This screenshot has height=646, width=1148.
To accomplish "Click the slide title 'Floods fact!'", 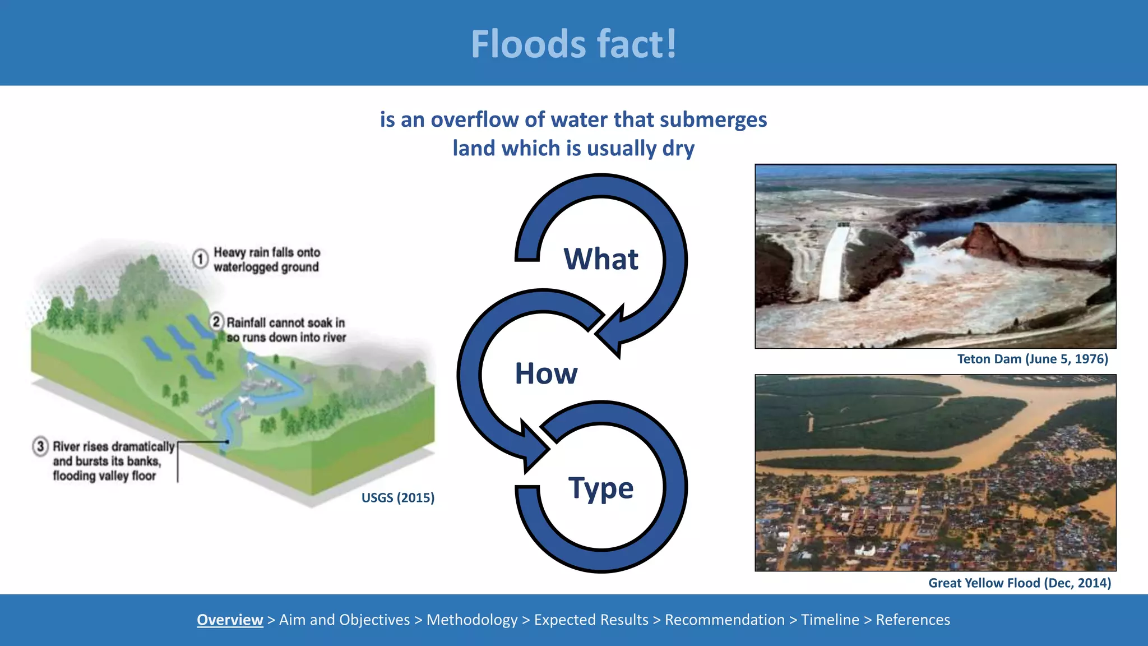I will [573, 44].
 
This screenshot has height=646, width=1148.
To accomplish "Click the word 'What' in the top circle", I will [600, 259].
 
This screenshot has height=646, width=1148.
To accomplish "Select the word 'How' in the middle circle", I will [546, 373].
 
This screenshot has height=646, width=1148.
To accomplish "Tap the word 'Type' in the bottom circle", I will [600, 488].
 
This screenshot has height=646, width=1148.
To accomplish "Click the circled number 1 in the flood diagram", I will [200, 259].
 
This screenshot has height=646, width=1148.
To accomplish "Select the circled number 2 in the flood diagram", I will [216, 322].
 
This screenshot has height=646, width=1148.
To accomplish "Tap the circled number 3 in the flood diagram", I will [40, 446].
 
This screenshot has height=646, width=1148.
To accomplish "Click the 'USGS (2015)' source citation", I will [398, 498].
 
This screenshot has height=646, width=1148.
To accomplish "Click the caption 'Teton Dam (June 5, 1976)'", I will [1033, 359].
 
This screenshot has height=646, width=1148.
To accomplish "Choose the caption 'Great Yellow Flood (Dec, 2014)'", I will [1020, 583].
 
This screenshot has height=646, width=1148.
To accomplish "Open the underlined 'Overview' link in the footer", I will [230, 620].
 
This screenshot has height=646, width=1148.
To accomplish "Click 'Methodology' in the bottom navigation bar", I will [472, 620].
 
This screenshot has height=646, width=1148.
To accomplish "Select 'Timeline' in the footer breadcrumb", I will [830, 620].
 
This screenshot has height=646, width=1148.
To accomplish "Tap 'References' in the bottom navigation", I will [913, 620].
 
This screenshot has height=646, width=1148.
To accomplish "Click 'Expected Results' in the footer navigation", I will [591, 620].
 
